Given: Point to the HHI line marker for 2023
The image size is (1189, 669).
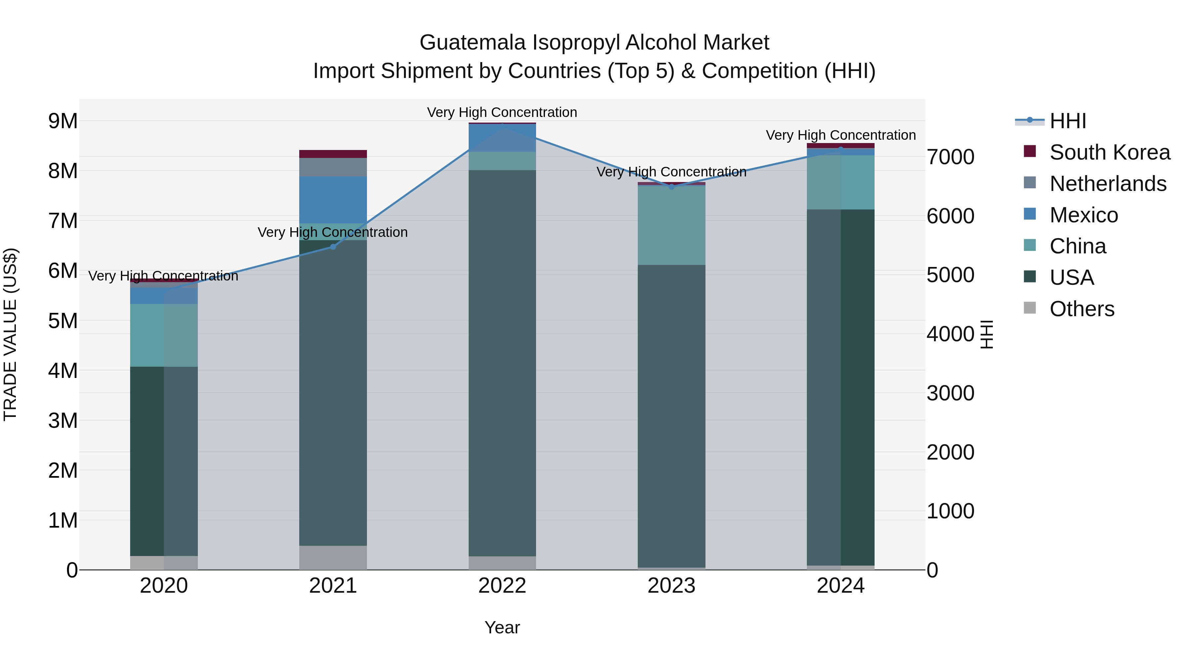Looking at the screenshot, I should click(671, 187).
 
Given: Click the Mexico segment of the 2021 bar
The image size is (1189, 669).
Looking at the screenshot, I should click(333, 200).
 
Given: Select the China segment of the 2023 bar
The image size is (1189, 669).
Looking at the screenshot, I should click(671, 225).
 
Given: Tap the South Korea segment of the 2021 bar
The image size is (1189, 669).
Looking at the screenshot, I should click(333, 154).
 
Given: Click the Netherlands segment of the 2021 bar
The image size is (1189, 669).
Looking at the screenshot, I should click(333, 167).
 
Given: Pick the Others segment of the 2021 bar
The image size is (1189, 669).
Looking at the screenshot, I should click(333, 558).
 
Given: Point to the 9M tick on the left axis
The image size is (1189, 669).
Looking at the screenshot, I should click(63, 121).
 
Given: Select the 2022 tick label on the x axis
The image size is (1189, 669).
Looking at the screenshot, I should click(502, 586).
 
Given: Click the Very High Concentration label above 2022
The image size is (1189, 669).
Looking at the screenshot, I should click(502, 112).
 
